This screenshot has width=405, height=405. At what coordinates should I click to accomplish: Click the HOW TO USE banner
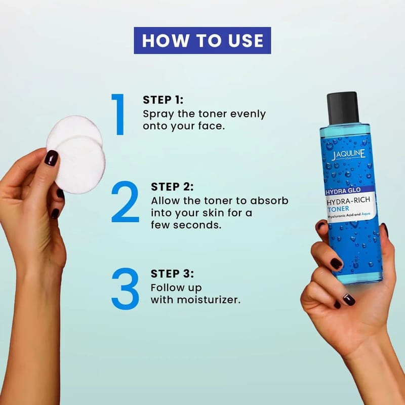pos(202,40)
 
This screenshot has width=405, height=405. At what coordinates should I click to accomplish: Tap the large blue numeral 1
pos(119,114)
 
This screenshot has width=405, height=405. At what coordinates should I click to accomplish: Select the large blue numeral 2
pos(125,201)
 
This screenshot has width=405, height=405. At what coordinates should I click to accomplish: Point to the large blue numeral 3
pos(125,289)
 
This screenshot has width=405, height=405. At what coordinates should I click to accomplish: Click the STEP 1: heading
pos(163,100)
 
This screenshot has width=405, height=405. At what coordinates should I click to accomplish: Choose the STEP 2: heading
pos(172,187)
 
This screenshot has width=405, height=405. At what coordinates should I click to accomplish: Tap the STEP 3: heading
pos(172,274)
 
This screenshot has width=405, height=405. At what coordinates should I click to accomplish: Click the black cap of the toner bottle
pos(343,108)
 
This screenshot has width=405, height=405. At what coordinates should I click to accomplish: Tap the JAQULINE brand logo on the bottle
pos(348,155)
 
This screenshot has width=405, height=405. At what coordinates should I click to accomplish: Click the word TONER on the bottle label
pos(338,209)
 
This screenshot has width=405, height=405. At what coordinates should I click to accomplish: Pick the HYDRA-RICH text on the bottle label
pos(348,200)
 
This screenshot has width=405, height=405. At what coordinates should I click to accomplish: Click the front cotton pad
pos(80,166)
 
